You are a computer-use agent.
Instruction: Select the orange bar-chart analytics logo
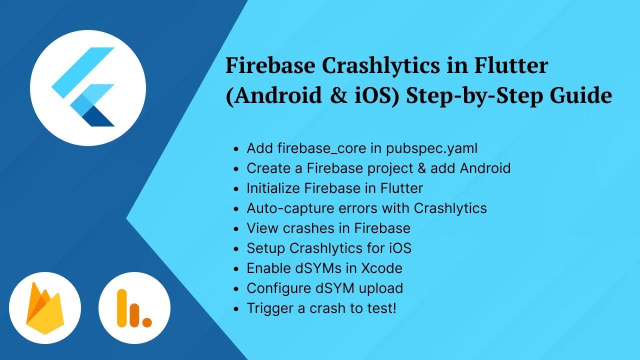click(x=134, y=308)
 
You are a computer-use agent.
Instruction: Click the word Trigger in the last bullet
click(x=270, y=308)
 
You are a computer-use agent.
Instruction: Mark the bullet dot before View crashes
click(x=236, y=229)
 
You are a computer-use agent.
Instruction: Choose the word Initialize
click(x=274, y=188)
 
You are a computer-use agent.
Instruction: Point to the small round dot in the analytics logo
click(x=147, y=322)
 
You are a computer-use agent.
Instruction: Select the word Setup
click(x=266, y=248)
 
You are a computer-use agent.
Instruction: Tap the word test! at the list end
click(x=380, y=308)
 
